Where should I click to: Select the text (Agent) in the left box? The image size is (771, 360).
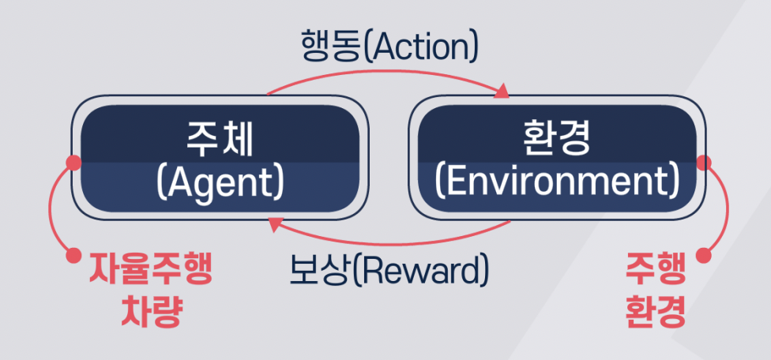pos(220,182)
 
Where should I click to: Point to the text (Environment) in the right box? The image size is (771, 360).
pos(557,182)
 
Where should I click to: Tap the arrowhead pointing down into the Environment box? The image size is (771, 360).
pos(502,92)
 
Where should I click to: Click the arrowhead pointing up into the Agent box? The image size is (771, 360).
pos(274,227)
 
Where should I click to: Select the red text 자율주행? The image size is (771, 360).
pos(150,271)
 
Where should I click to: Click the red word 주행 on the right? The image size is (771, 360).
pos(655,271)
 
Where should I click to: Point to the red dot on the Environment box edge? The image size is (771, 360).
pos(704,163)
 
